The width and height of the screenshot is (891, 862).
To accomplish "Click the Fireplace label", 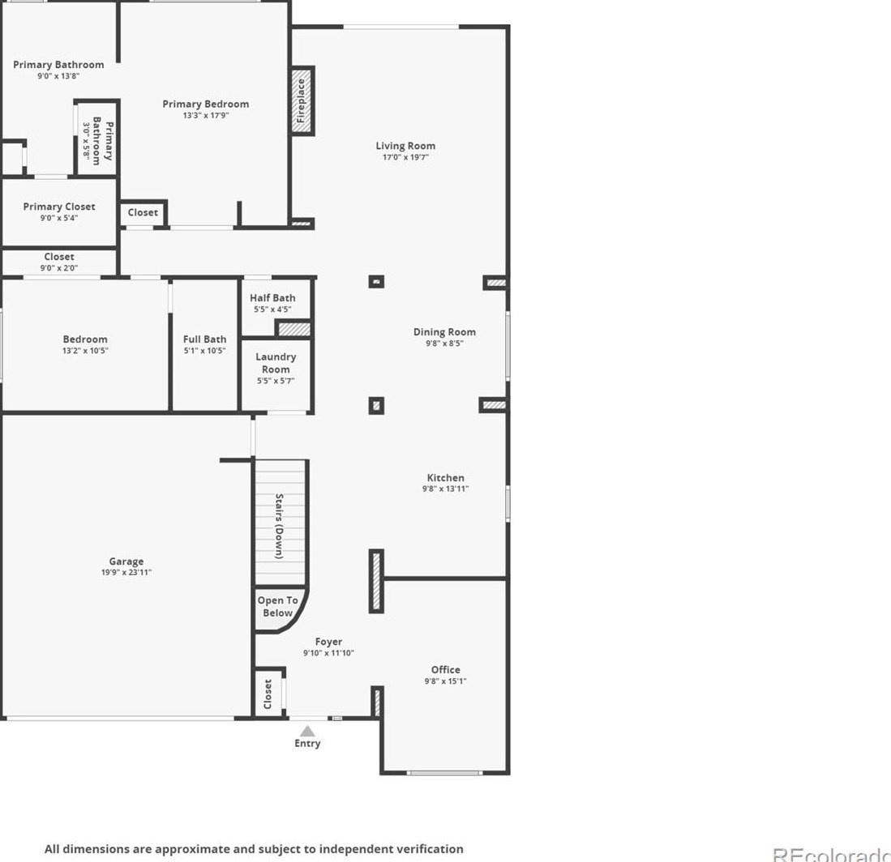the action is pyautogui.click(x=301, y=100).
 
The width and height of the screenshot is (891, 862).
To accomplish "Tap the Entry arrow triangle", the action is pyautogui.click(x=307, y=731).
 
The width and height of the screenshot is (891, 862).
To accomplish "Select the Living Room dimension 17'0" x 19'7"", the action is pyautogui.click(x=405, y=157).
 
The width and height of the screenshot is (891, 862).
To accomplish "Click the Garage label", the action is pyautogui.click(x=126, y=561).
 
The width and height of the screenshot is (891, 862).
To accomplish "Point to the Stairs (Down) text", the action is pyautogui.click(x=279, y=526).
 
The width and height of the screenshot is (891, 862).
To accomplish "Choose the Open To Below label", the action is pyautogui.click(x=277, y=607).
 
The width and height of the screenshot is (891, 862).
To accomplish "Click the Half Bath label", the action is pyautogui.click(x=272, y=297).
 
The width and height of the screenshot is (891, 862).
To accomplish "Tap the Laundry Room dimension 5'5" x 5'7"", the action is pyautogui.click(x=276, y=381).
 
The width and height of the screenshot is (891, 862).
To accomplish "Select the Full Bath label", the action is pyautogui.click(x=204, y=339).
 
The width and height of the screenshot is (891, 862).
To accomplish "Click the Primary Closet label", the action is pyautogui.click(x=59, y=207).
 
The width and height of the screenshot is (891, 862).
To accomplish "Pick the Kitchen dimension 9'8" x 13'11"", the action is pyautogui.click(x=446, y=489).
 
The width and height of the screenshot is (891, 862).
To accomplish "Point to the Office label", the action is pyautogui.click(x=446, y=669).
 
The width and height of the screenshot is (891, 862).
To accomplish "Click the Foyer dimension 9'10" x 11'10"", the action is pyautogui.click(x=328, y=653).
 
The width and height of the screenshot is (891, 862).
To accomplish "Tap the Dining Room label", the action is pyautogui.click(x=444, y=331).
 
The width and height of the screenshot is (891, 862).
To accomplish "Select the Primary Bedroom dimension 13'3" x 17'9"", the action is pyautogui.click(x=206, y=115).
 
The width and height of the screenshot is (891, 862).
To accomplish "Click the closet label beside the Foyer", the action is pyautogui.click(x=268, y=694).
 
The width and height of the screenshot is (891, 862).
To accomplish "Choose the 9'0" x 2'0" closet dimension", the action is pyautogui.click(x=59, y=268).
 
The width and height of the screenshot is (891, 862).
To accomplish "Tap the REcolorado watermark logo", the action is pyautogui.click(x=831, y=854).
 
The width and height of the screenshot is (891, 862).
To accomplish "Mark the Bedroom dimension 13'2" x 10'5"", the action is pyautogui.click(x=85, y=350).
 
